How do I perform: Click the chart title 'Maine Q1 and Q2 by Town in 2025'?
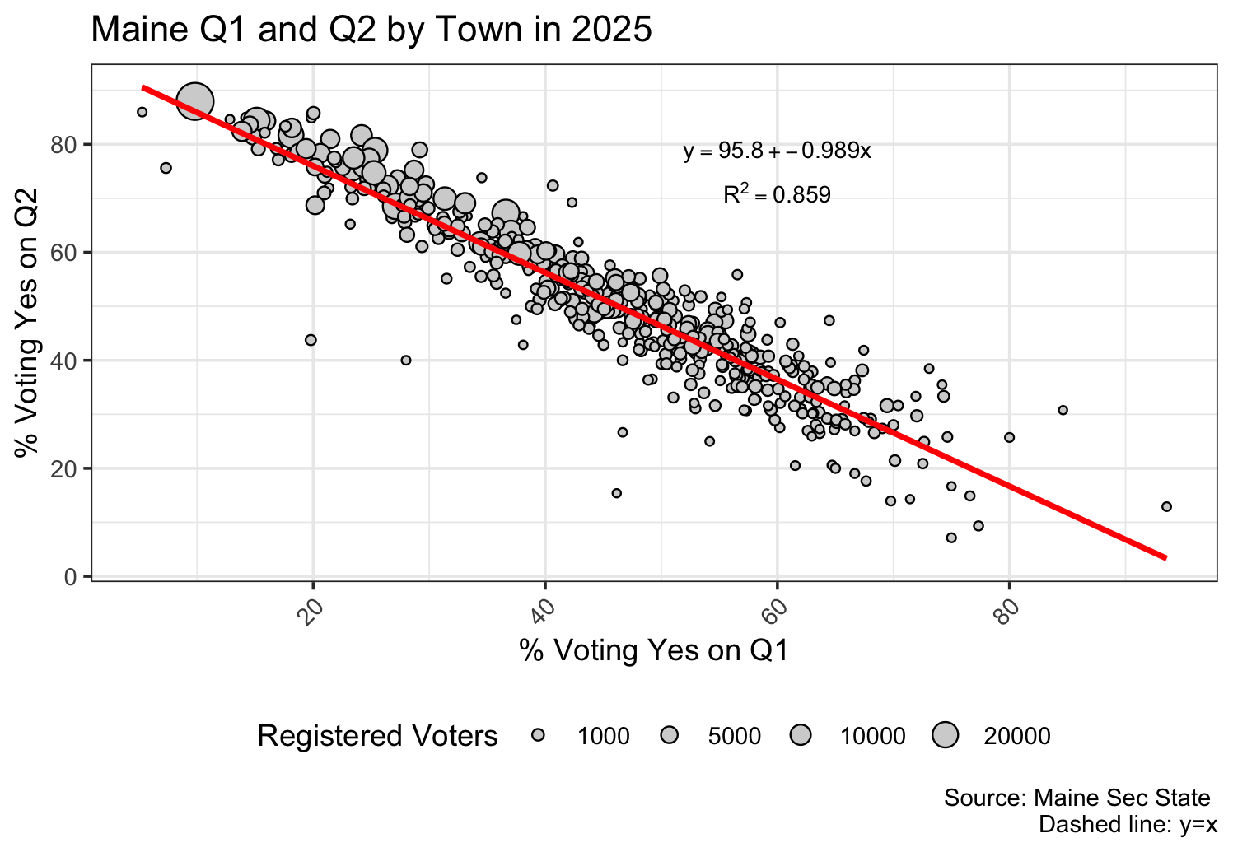tap(371, 30)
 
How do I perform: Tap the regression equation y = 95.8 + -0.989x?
tap(777, 151)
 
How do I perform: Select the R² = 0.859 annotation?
tap(777, 195)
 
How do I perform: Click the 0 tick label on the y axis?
tap(72, 577)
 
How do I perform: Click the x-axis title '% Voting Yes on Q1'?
tap(654, 650)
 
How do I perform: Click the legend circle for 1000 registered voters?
tap(538, 736)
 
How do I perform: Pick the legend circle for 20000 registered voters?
tap(946, 736)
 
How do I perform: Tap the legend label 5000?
tap(735, 736)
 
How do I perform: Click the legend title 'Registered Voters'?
tap(377, 736)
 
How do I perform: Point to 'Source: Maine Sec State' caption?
tap(1077, 798)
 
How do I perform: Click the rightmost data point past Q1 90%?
tap(1166, 506)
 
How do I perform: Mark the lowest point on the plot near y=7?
tap(951, 538)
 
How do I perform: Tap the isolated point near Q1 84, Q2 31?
tap(1063, 410)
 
